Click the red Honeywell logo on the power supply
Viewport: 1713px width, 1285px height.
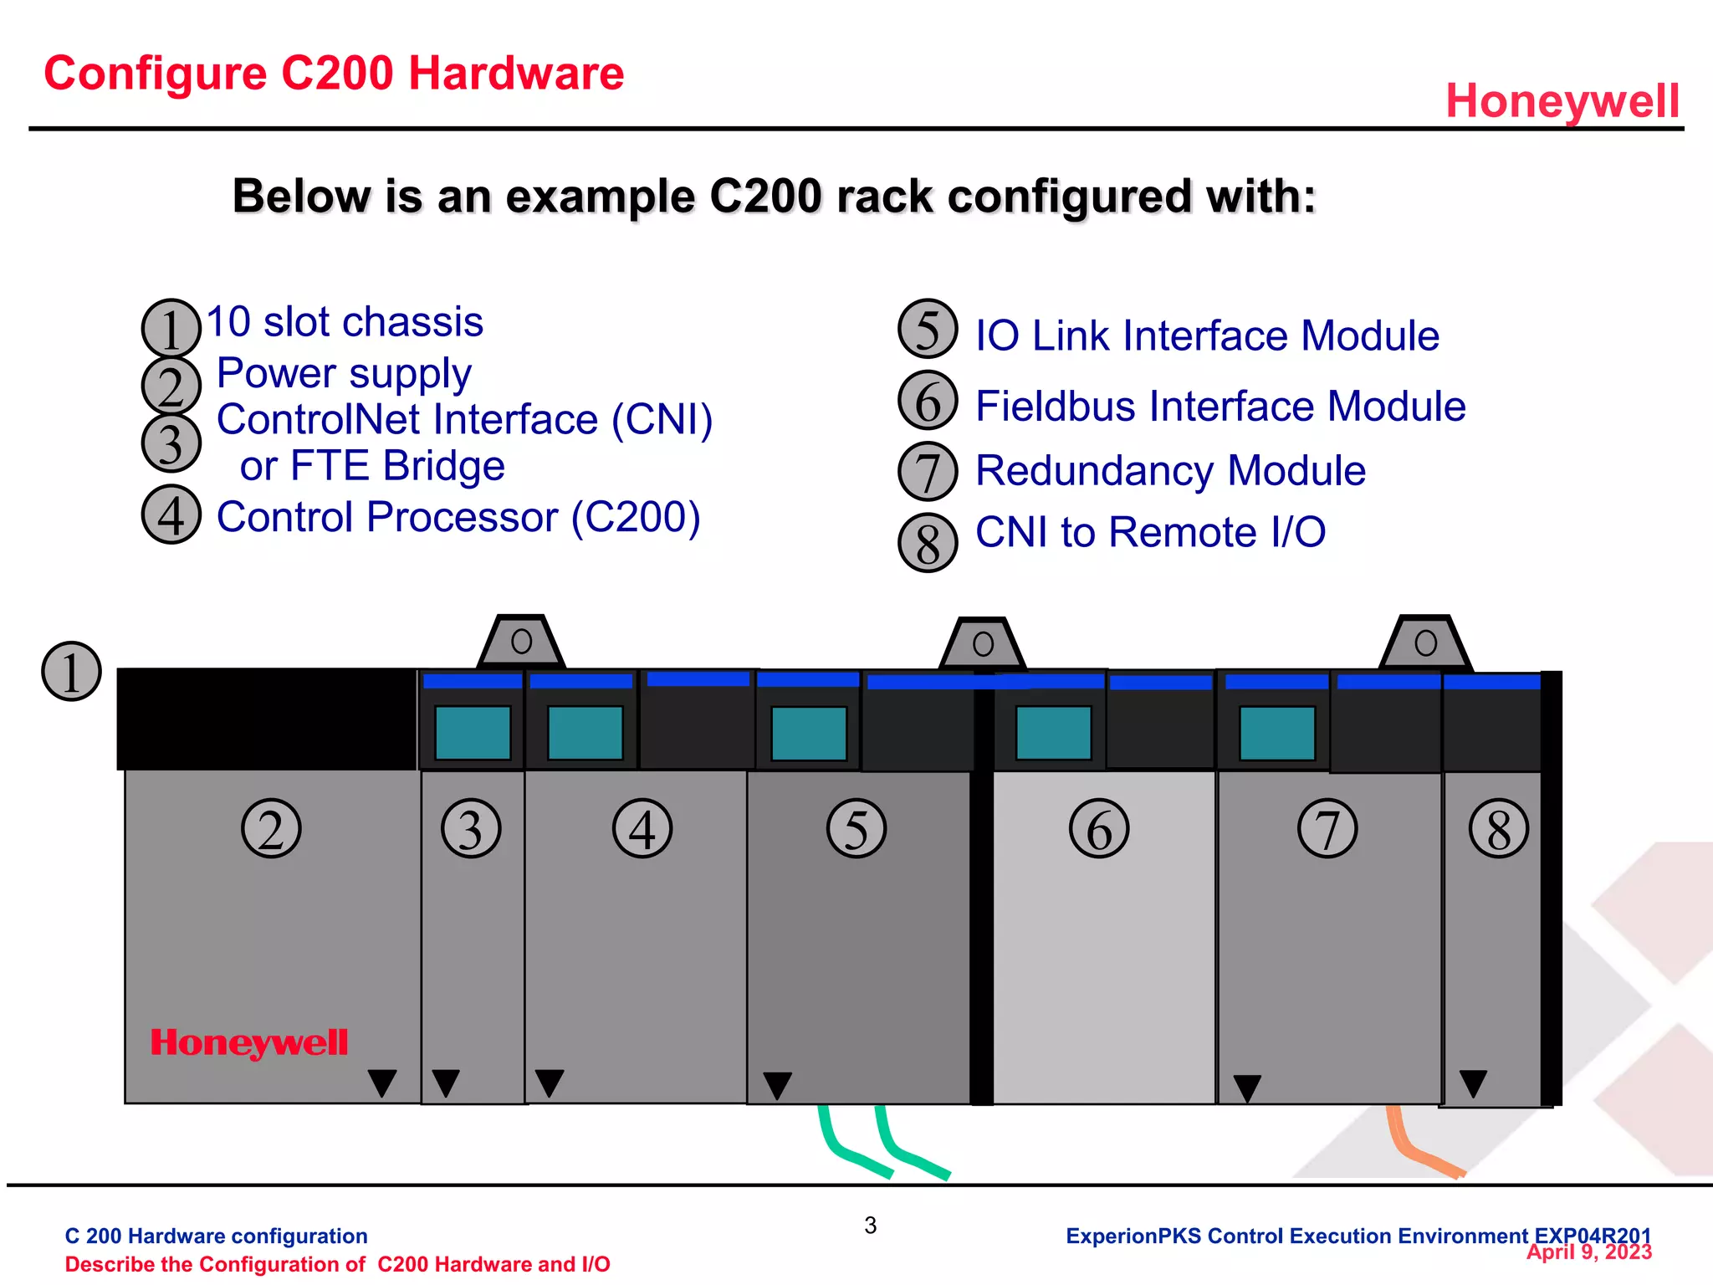pyautogui.click(x=248, y=1042)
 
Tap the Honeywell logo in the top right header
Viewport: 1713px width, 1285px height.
pyautogui.click(x=1562, y=101)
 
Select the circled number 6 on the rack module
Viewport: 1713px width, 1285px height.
pyautogui.click(x=1098, y=829)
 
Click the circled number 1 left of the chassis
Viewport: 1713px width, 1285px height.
pyautogui.click(x=71, y=672)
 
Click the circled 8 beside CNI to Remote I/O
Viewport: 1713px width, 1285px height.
pyautogui.click(x=927, y=543)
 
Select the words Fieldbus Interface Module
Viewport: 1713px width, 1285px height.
pyautogui.click(x=1220, y=407)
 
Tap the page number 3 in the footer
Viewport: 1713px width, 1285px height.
pyautogui.click(x=870, y=1226)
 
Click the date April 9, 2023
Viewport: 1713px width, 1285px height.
pyautogui.click(x=1588, y=1252)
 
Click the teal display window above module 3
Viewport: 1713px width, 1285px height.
pyautogui.click(x=473, y=733)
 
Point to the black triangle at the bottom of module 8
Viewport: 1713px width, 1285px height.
pyautogui.click(x=1472, y=1083)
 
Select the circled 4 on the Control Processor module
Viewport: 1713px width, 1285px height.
pyautogui.click(x=642, y=829)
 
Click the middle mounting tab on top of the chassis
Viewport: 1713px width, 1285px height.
pyautogui.click(x=983, y=644)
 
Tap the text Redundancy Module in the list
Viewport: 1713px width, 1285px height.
pyautogui.click(x=1169, y=471)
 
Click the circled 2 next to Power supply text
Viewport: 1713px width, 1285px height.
pyautogui.click(x=171, y=386)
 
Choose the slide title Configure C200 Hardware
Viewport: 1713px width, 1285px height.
pyautogui.click(x=334, y=74)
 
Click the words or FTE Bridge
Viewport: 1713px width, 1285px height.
pyautogui.click(x=372, y=466)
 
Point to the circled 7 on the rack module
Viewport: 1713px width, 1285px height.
pyautogui.click(x=1327, y=829)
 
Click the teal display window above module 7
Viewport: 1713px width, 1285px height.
pyautogui.click(x=1276, y=733)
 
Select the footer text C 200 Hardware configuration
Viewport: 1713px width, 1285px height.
pyautogui.click(x=216, y=1236)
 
